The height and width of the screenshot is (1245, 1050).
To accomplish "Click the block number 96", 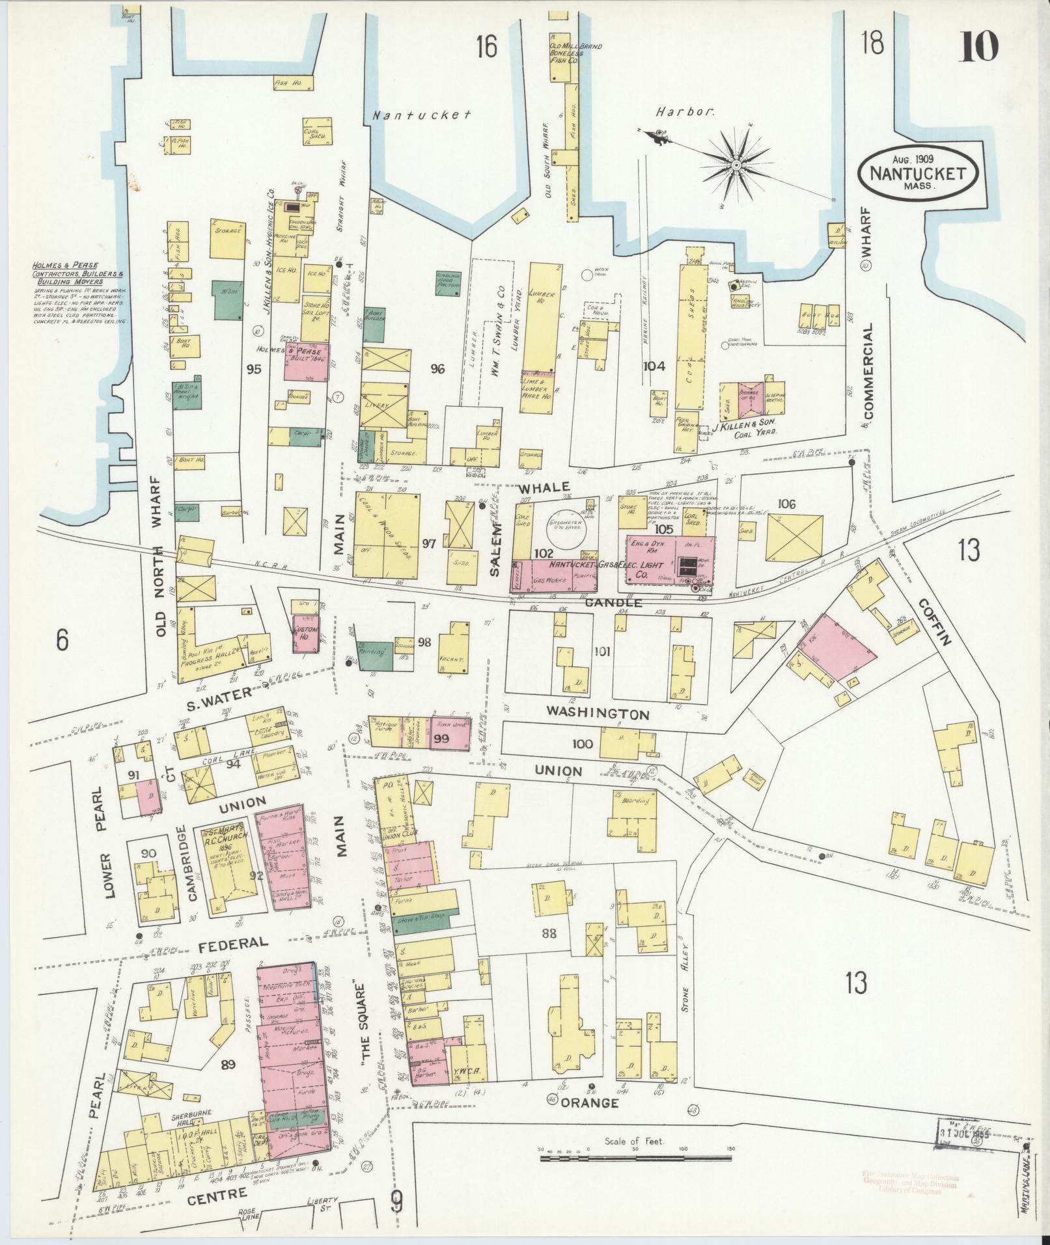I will [x=437, y=369].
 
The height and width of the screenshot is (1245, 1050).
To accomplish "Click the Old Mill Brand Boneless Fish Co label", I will [x=565, y=53].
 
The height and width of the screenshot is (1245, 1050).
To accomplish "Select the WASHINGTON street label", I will [x=598, y=713].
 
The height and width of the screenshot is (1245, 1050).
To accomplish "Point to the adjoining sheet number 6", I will [x=62, y=640].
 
